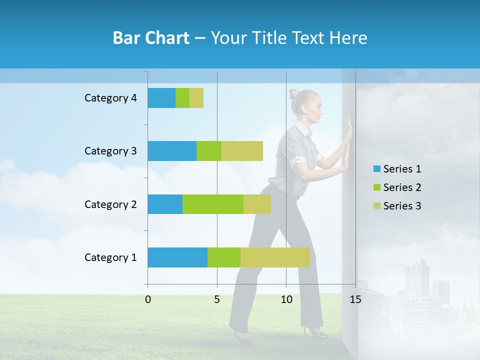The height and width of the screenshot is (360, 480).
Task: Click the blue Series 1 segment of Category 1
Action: (177, 257)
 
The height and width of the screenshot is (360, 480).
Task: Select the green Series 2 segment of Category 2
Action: (213, 204)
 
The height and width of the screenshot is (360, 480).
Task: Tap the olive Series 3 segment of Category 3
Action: (242, 151)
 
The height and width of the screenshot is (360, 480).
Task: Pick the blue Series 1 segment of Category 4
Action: (161, 98)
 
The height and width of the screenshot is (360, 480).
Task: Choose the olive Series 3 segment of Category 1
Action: (275, 257)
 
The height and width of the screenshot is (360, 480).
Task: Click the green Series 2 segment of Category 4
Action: (182, 98)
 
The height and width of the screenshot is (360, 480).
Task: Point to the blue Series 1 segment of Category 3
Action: (172, 151)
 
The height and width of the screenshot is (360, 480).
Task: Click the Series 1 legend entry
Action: (397, 169)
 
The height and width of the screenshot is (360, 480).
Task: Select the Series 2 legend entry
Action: (397, 187)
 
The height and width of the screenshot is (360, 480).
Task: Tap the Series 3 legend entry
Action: (397, 206)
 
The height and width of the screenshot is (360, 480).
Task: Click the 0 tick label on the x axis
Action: (148, 299)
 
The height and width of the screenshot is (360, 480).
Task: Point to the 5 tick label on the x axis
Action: (217, 299)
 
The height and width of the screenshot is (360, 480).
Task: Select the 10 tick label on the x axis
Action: (286, 299)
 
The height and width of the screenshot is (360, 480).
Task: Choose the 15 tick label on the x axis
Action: (355, 299)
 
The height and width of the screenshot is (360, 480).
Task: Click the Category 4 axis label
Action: (110, 98)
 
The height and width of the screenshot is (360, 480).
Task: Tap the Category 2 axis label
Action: (110, 204)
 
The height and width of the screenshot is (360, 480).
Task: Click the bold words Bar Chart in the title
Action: (151, 38)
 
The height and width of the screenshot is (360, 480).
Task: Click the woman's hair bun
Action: (293, 93)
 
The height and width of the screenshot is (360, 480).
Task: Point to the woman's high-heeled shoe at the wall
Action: (316, 332)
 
